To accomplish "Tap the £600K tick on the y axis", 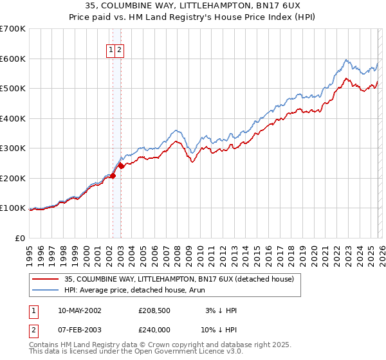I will click(x=13, y=59).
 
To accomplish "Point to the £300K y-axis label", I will click(x=13, y=148).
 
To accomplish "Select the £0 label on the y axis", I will click(x=20, y=239).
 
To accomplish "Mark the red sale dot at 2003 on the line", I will click(x=121, y=166).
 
